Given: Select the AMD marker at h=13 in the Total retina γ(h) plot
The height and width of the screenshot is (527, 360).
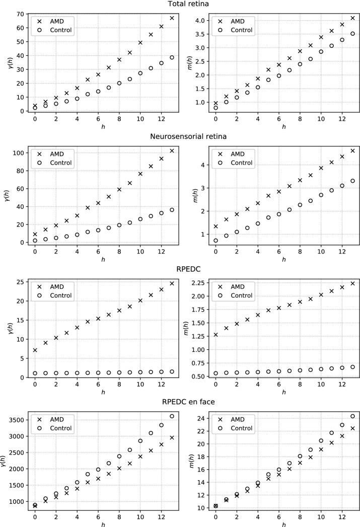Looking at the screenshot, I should pos(172,18).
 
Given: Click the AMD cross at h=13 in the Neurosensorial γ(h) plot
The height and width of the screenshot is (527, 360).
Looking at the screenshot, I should pos(172,150).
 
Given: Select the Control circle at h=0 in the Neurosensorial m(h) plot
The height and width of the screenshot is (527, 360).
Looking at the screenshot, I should pos(215,241).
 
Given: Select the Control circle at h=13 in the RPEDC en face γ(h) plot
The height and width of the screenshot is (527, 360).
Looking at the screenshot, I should pos(172,416).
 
